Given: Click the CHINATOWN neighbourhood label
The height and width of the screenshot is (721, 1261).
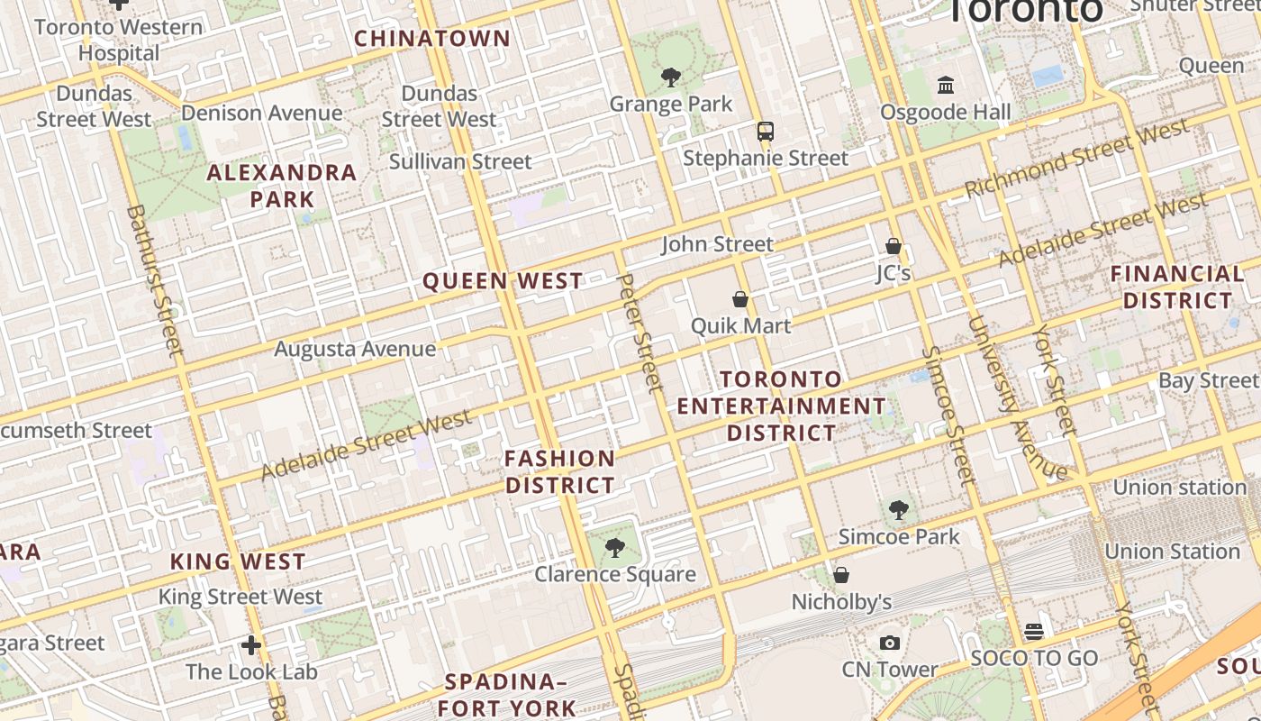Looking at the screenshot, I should tap(432, 39).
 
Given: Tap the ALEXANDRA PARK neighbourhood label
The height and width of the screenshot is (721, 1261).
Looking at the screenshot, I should tap(282, 186).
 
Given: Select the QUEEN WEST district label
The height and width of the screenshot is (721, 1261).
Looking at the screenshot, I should tap(503, 281).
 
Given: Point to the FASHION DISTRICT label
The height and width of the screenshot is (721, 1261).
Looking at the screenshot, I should tap(559, 471).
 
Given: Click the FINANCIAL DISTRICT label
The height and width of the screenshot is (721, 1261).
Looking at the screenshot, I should tap(1177, 287).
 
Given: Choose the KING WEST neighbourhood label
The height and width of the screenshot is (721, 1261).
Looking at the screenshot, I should tap(238, 561).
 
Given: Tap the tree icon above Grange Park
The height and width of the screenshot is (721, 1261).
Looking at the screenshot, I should tap(670, 78).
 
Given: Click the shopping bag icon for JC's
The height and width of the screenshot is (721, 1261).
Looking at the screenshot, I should tap(894, 246).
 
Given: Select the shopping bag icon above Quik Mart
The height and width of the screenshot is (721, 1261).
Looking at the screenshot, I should tap(740, 299).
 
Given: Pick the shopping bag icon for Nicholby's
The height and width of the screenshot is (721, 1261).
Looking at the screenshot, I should tap(841, 575).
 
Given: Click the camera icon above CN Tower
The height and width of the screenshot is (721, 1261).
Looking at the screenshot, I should tap(890, 643).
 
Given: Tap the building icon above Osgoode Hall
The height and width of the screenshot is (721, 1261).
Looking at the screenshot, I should tap(946, 86).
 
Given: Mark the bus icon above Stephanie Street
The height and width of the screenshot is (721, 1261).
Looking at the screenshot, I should tap(765, 132).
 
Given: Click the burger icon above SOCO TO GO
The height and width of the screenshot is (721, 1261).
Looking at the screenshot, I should tap(1034, 632).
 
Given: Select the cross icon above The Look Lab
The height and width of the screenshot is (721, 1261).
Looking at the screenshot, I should tap(251, 645).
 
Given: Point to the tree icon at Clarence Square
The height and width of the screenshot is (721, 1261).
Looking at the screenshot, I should tap(615, 547).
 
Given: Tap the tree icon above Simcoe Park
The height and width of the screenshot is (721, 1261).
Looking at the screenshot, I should tap(898, 510).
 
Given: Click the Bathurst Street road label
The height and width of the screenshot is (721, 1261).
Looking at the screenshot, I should tap(155, 279).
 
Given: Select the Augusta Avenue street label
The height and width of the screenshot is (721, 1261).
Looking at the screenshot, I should tap(355, 349).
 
